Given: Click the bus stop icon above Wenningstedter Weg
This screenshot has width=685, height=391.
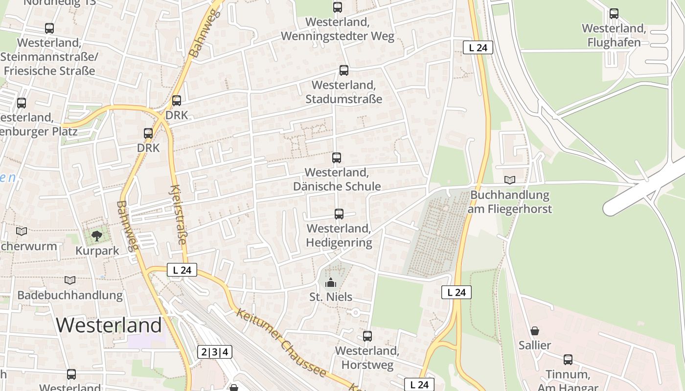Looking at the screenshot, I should pos(338,7).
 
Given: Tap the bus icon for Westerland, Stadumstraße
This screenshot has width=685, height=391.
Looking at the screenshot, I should pos(344,70).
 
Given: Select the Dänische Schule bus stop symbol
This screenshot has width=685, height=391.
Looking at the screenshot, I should pos(337,158).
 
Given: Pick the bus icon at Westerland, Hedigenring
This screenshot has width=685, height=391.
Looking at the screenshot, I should pos(339,214).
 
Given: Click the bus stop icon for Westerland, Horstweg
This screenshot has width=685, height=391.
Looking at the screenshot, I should pos(367,336).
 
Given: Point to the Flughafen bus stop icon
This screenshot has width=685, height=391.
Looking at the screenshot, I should pos(614,14).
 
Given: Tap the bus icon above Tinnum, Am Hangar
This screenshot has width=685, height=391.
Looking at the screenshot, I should pos(568,360).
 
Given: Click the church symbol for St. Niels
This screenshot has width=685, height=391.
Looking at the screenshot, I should pos(331,282).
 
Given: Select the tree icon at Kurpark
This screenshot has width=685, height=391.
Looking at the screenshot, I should pos(97,236).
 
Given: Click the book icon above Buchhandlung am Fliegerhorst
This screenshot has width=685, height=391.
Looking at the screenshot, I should pos(510,180).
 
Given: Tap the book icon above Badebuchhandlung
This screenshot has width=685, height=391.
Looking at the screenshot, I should pos(70,281).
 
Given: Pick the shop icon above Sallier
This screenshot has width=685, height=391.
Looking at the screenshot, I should pos(535,331).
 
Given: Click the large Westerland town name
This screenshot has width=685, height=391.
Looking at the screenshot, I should pos(109,325).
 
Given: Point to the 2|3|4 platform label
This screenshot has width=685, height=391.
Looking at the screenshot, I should pos(215,352).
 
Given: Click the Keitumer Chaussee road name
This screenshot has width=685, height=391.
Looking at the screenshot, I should pos(281,343).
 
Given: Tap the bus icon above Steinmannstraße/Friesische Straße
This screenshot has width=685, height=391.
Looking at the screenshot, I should pos(49,28).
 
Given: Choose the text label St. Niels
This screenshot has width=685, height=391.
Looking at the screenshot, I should pos(331,297).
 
